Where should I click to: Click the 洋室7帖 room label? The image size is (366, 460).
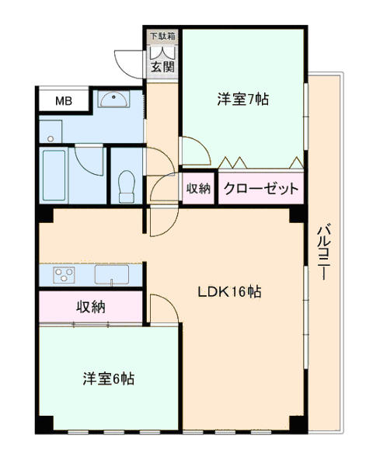(242, 99)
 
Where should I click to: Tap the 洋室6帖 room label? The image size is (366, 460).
(109, 378)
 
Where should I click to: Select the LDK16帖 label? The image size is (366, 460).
(230, 291)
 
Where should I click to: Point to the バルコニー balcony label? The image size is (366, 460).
(324, 252)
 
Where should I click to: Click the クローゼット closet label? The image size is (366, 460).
(261, 188)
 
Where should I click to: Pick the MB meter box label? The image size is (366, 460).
(64, 101)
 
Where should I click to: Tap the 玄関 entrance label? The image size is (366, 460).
(162, 67)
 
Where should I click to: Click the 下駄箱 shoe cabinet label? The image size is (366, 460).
(162, 36)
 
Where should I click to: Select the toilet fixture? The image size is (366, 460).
(127, 186)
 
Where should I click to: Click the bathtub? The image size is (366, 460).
(54, 176)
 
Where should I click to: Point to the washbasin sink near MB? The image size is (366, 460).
(113, 99)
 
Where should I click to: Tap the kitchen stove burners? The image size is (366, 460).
(64, 275)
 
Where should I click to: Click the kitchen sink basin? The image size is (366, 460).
(111, 274)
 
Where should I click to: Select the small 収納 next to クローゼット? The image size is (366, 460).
(199, 189)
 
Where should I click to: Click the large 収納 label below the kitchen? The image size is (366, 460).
(91, 307)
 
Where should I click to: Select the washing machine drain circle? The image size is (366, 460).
(51, 138)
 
